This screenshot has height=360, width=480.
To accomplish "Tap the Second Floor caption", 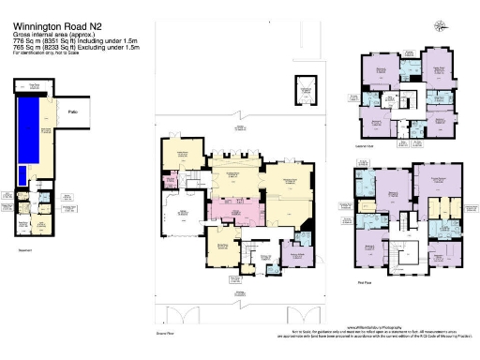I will (376, 144).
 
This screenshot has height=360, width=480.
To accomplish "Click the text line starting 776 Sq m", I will (75, 42).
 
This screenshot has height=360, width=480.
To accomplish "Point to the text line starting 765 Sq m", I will (75, 49).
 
